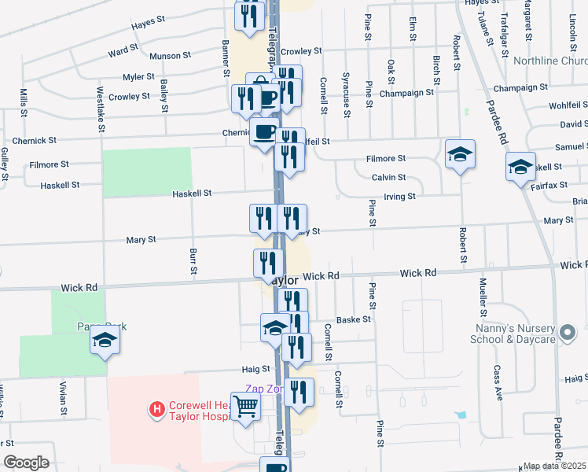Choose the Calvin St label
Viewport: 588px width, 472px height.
pos(388,178)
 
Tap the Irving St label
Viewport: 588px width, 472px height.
pos(399,196)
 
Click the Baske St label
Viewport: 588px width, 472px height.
pos(353,320)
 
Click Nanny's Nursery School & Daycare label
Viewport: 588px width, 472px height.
pos(514,333)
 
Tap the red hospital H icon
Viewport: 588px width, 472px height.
pos(157,409)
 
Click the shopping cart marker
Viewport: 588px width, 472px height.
pos(246,407)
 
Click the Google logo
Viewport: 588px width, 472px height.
pos(26,463)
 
